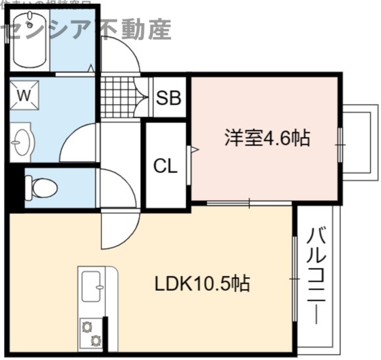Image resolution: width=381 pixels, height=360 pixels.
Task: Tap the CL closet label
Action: [165, 166]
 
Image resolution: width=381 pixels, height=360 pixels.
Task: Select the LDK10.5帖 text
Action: [201, 284]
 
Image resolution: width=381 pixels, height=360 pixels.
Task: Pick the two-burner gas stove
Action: [91, 333]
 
